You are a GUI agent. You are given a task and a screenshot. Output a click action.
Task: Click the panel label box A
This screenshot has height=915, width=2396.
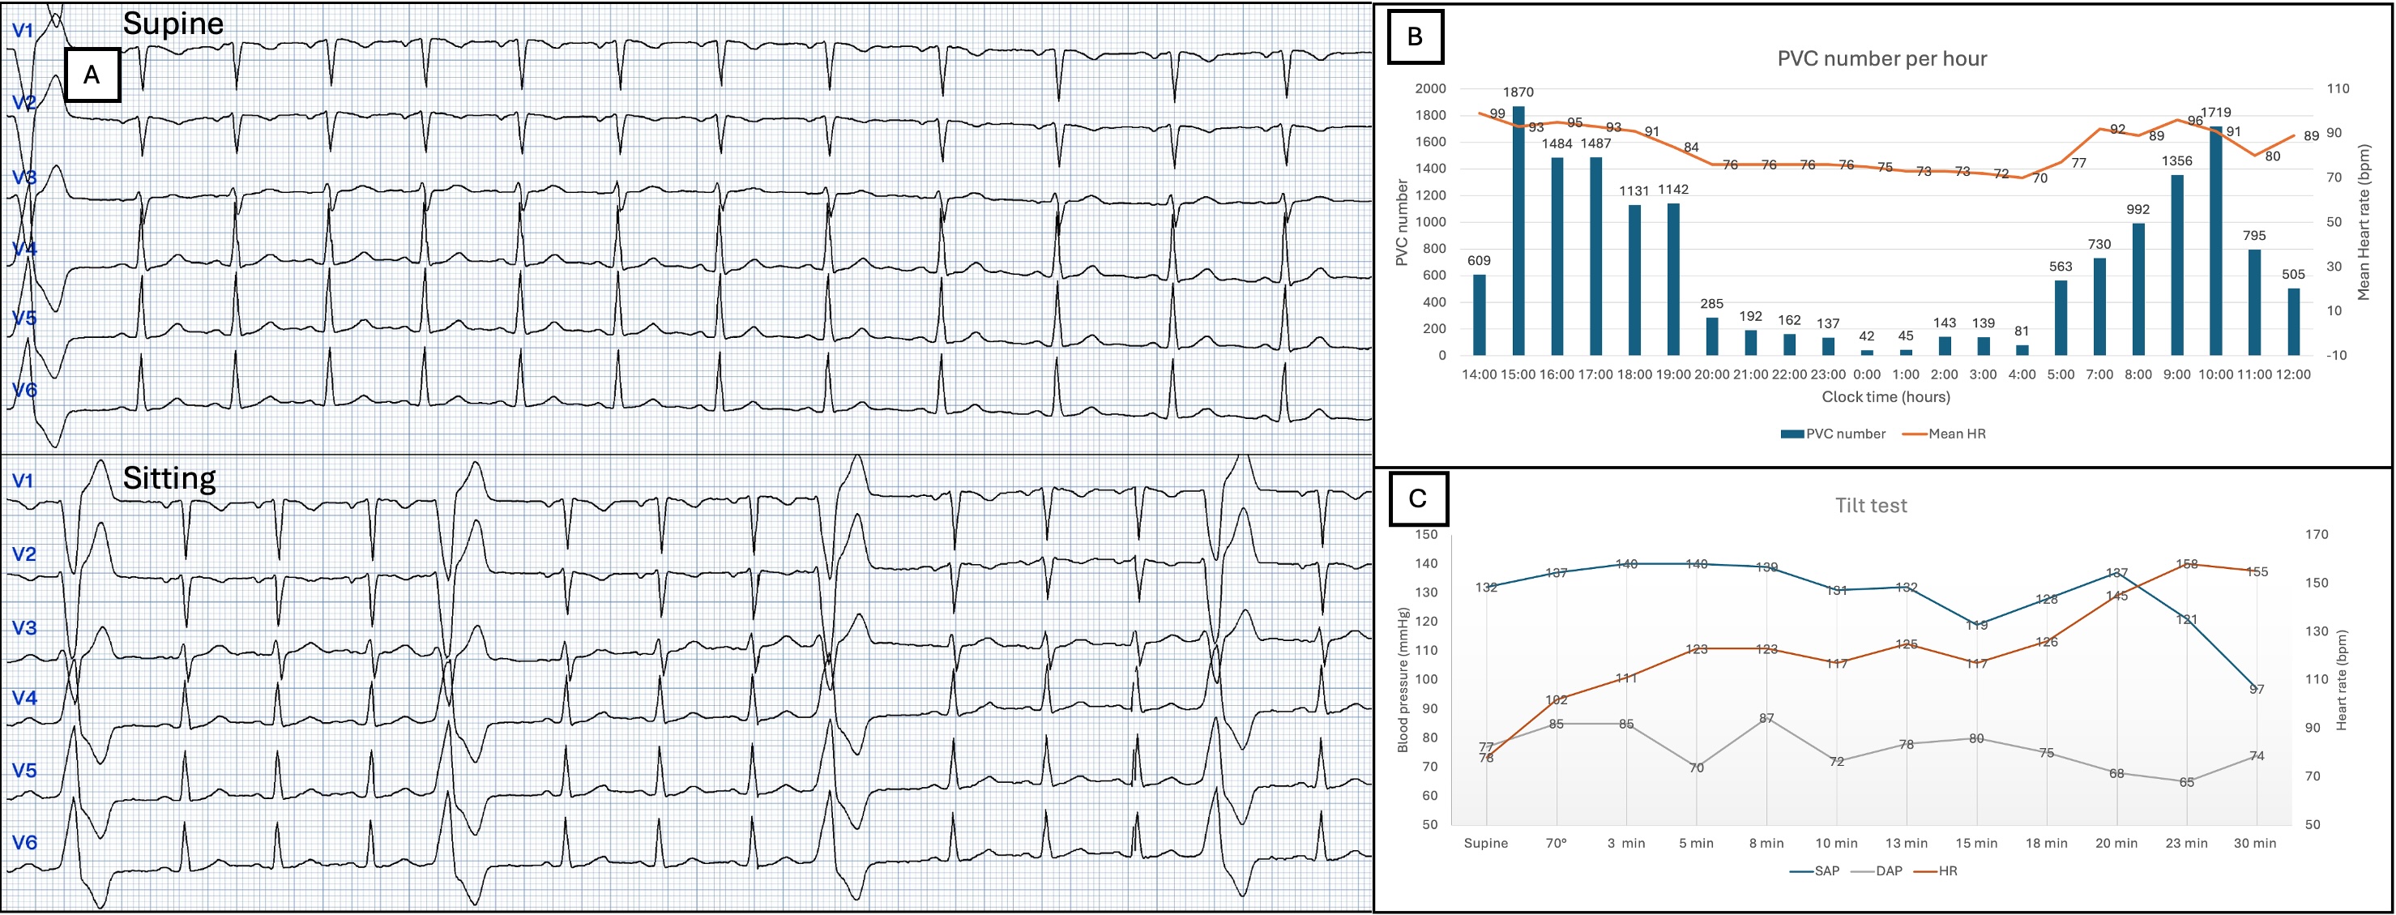92,75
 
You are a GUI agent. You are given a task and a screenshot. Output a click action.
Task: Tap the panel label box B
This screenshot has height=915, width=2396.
1415,37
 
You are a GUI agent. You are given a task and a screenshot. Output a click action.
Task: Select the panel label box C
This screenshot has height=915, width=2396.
1416,498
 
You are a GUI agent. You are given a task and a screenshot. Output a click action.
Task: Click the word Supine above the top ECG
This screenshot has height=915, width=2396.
173,24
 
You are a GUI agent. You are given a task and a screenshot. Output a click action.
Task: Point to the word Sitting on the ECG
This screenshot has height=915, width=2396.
169,478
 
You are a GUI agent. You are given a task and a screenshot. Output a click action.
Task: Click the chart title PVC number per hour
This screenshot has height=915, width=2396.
1881,58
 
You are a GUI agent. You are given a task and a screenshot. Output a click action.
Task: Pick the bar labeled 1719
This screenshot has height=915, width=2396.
2215,241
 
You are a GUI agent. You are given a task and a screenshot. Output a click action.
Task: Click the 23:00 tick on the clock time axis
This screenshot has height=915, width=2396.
1828,374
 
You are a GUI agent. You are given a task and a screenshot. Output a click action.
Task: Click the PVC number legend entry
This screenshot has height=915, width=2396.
1832,434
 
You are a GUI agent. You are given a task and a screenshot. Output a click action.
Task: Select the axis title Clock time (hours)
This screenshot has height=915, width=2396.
1886,397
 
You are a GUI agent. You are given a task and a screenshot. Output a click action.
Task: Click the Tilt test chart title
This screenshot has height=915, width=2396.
1870,506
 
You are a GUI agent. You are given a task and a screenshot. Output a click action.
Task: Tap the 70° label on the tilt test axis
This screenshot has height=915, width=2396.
1556,844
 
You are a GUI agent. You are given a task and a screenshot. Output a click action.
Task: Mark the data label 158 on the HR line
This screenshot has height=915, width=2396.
2187,563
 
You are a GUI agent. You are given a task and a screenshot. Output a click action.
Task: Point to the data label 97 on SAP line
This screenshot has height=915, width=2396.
2257,689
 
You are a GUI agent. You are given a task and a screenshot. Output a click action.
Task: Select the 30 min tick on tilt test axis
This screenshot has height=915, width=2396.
2256,844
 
